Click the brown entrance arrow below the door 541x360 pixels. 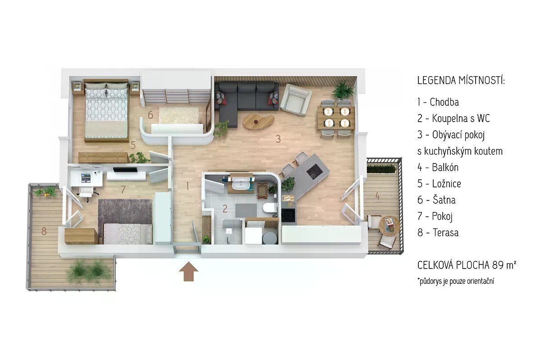pos(188,272)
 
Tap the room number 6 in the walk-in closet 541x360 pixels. pos(151,115)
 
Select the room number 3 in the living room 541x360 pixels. pos(278,139)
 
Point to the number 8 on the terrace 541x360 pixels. pos(44,231)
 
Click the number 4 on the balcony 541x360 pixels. pos(378,196)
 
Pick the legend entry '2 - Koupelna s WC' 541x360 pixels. pos(454,118)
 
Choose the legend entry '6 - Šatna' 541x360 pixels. pos(436,200)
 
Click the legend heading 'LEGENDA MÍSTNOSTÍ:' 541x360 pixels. pos(461,80)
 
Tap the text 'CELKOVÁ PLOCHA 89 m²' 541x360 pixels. pos(467,265)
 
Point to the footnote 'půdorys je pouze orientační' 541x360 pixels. pos(456,281)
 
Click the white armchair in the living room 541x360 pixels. pos(296,99)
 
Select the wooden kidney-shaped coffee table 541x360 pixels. pos(258,121)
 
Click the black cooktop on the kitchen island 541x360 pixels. pos(315,171)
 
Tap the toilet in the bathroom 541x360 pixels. pos(269,208)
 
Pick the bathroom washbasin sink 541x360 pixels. pos(241,186)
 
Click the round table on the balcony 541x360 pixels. pos(390,226)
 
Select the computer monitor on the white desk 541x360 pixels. pos(86,178)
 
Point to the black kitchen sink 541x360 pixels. pos(288,215)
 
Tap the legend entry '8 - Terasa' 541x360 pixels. pos(438,232)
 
